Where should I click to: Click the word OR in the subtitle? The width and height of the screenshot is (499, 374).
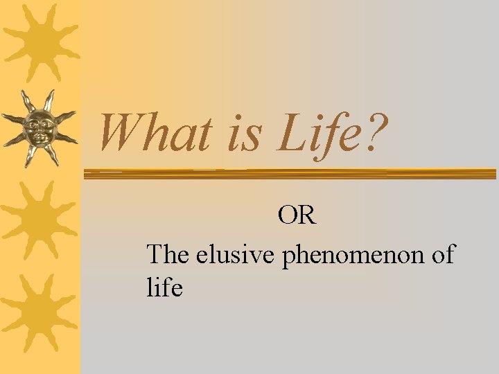click(297, 216)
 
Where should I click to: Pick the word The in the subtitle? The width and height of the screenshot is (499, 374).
click(168, 255)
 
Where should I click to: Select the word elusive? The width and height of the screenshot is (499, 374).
click(236, 255)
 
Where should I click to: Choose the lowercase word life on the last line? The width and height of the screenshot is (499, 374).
click(164, 287)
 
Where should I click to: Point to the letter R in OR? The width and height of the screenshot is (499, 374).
click(306, 216)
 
